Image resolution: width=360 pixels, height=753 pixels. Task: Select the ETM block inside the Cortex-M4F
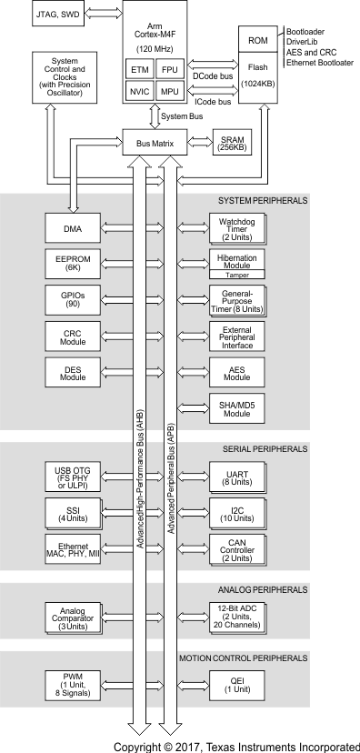pos(140,69)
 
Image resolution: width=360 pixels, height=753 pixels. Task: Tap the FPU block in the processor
pos(169,69)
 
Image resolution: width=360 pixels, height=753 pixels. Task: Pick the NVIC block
pos(140,91)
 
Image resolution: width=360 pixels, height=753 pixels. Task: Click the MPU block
pos(169,91)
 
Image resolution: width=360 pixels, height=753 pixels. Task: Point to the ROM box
pos(258,40)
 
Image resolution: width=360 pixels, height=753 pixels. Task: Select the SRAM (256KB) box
pos(233,143)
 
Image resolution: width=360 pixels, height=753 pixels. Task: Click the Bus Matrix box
pos(155,143)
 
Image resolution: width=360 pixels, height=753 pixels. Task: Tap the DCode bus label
pos(213,75)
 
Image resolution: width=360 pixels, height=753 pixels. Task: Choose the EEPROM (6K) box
pos(73,263)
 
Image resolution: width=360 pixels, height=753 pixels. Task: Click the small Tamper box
pos(236,275)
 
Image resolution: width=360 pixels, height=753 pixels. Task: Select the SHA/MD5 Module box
pos(236,408)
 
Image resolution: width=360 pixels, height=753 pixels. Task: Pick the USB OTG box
pos(73,477)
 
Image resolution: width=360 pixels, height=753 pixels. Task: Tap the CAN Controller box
pos(236,549)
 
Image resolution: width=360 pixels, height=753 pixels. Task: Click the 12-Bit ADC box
pos(236,617)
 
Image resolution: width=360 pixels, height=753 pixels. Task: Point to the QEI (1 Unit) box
pos(236,686)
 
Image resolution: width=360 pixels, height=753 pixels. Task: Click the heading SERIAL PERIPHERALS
pos(265,449)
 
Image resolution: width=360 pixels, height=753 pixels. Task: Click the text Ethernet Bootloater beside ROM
pos(320,63)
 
